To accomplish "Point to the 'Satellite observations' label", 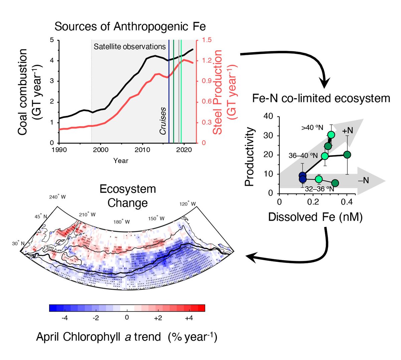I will [x=130, y=46].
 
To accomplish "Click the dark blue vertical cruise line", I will [x=169, y=90].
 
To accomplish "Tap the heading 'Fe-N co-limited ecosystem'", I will [x=320, y=98].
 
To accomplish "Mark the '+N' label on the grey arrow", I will [x=348, y=130].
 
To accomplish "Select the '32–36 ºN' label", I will [x=319, y=189].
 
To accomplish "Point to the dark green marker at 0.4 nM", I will [x=347, y=154].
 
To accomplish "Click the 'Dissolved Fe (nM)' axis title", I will [x=315, y=217].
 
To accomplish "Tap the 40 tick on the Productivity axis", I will [x=268, y=116].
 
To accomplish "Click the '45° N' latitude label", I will [x=41, y=217].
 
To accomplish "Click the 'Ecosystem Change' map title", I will [x=128, y=196].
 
